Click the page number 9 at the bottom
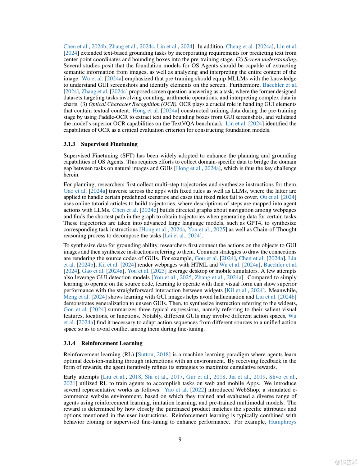[x=180, y=439]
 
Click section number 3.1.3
[x=69, y=144]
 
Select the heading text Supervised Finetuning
[x=109, y=144]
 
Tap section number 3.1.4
[x=69, y=343]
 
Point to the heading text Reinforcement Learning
[x=112, y=343]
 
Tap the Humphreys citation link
[x=282, y=422]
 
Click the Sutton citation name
[x=145, y=354]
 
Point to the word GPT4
[x=254, y=223]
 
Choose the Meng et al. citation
[x=76, y=297]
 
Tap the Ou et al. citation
[x=269, y=197]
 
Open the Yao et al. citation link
[x=176, y=390]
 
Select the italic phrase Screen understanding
[x=270, y=59]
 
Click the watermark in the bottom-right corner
[x=346, y=462]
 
